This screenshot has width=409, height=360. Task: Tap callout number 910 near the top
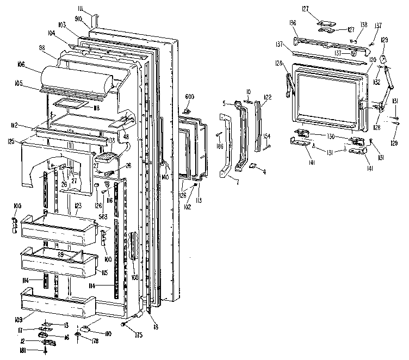78,19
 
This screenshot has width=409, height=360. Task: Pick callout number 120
373,59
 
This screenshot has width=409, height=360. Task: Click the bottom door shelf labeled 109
57,305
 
